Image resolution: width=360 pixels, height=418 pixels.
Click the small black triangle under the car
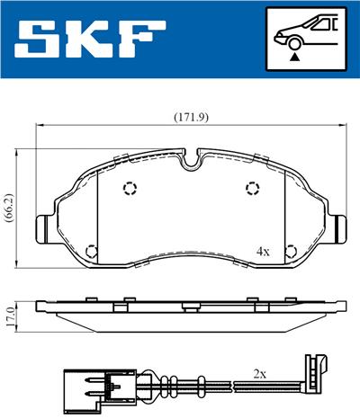click(294, 56)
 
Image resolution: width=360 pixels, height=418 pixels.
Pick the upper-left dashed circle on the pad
click(130, 189)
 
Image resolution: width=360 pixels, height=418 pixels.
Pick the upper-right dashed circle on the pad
click(253, 188)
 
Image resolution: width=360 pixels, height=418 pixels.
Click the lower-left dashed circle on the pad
click(90, 251)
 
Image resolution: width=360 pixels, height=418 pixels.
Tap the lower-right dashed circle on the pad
click(290, 251)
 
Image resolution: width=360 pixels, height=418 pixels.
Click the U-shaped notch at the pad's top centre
click(191, 163)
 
